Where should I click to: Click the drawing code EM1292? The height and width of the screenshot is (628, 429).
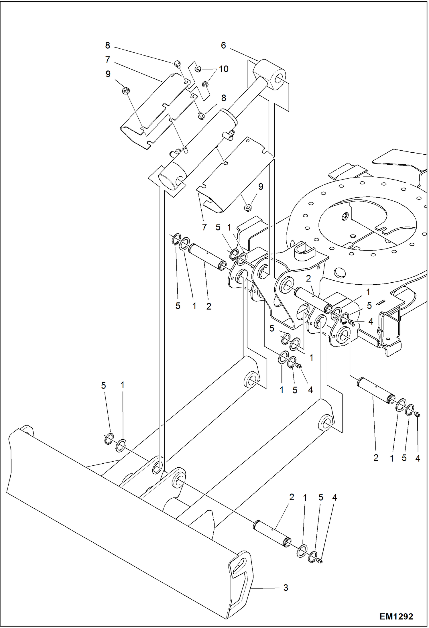(396, 616)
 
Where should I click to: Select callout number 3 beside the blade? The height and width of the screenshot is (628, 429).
(286, 588)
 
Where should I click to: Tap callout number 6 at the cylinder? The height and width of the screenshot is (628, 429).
(223, 45)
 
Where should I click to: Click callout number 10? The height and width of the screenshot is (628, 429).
(224, 69)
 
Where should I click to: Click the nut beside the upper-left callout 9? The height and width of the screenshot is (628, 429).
(125, 90)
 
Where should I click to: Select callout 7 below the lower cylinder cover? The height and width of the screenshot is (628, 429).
(204, 227)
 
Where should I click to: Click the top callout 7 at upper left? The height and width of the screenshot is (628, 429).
(107, 60)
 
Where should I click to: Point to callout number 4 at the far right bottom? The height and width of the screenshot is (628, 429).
(418, 458)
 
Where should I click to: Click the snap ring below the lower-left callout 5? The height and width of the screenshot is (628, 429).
(108, 439)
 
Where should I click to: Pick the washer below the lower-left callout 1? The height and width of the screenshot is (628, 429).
(121, 446)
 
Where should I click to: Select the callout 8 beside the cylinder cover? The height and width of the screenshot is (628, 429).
(224, 98)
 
